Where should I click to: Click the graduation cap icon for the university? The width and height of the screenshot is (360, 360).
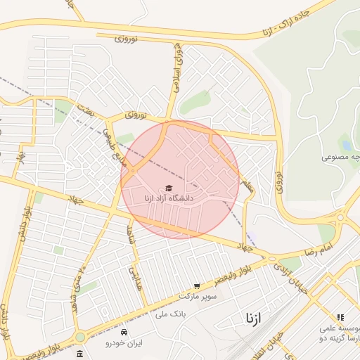168,188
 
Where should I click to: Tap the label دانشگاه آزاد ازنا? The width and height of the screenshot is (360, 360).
168,199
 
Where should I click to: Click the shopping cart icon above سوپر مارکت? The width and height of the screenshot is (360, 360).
197,286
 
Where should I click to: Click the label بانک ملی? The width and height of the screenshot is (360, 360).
168,317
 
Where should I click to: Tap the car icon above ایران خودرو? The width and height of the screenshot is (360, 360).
124,332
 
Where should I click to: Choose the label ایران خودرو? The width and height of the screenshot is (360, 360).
124,343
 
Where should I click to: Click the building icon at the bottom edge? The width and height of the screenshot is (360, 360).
80,354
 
